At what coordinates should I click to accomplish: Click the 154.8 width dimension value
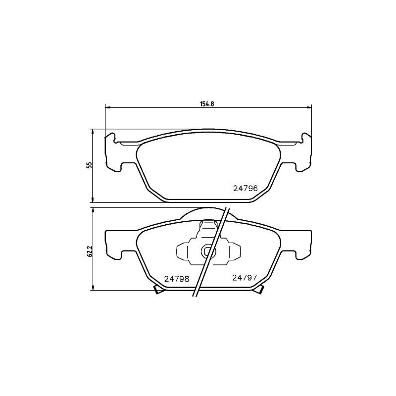(207, 103)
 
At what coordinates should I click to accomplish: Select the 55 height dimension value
(89, 165)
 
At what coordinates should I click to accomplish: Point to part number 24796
(246, 188)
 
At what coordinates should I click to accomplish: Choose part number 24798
(177, 278)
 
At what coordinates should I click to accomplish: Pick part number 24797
(244, 278)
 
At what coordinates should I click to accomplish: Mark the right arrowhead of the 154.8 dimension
(309, 107)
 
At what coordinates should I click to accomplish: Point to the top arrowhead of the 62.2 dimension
(93, 210)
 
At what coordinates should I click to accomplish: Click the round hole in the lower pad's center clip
(207, 251)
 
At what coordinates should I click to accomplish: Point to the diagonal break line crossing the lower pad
(210, 252)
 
